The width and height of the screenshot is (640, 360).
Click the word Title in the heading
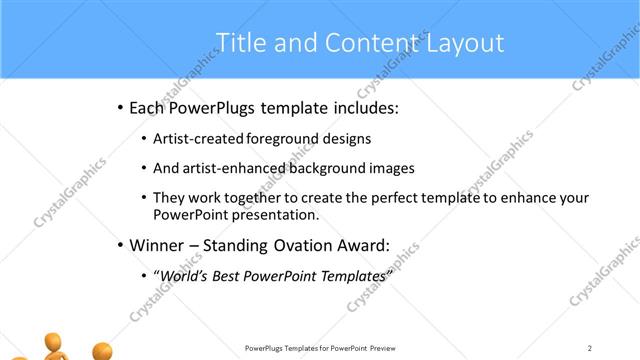pyautogui.click(x=240, y=43)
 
